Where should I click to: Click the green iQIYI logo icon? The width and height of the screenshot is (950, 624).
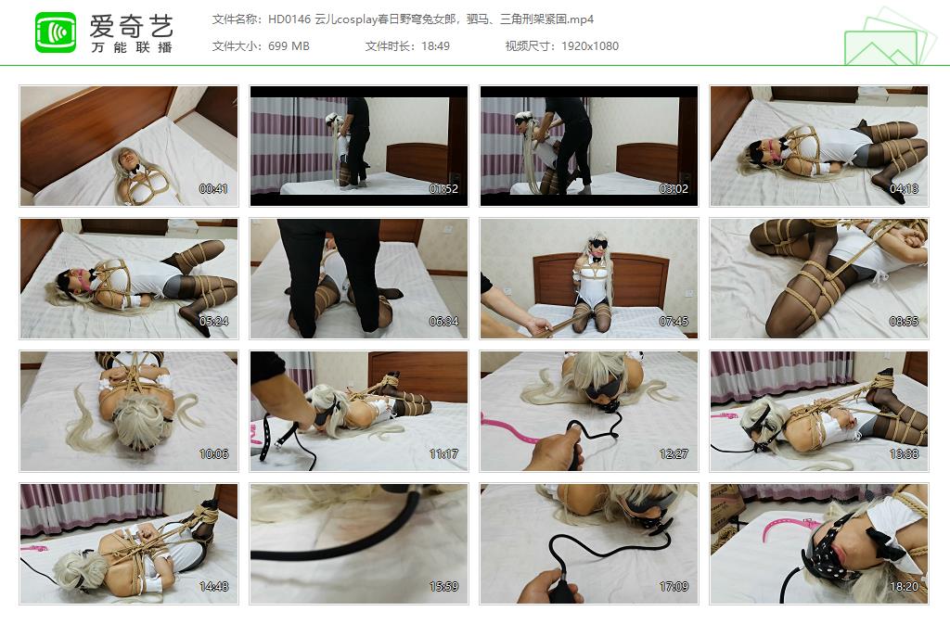coord(56,32)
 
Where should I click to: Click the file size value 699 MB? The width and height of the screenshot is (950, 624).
coord(288,45)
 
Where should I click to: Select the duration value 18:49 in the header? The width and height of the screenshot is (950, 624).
coord(434,45)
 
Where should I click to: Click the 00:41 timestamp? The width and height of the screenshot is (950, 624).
coord(213,189)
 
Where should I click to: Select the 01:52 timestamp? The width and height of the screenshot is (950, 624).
coord(443,189)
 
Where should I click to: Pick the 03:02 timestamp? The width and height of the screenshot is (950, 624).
coord(674,189)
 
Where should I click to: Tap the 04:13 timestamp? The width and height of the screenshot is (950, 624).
coord(904,189)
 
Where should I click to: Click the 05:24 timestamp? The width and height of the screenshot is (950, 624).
coord(213,322)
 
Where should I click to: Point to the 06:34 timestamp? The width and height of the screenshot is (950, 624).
coord(443,322)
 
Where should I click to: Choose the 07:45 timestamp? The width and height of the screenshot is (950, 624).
coord(674,322)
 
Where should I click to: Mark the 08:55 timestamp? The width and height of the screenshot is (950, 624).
coord(904,322)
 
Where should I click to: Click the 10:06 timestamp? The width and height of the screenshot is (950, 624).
coord(213,454)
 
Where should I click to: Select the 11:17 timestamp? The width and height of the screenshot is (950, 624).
coord(443,454)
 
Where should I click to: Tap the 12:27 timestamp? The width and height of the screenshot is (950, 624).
coord(674,454)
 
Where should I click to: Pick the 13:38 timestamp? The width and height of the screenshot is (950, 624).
coord(904,454)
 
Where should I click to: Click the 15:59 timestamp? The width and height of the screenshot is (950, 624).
coord(443,587)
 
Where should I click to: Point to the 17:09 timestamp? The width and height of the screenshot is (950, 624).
coord(674,587)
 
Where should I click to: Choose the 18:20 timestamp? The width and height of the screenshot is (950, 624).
coord(904,587)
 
